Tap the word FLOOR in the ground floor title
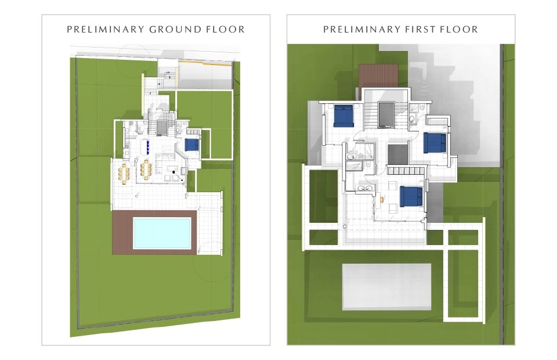[x=226, y=29]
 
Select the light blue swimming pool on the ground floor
[x=162, y=233]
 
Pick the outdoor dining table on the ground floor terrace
[x=124, y=174]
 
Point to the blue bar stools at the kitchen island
[x=148, y=147]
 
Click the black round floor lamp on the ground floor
[x=173, y=172]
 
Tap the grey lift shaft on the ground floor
[x=162, y=128]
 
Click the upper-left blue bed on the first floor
[x=343, y=116]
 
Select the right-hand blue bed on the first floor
[x=435, y=142]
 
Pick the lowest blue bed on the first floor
[x=411, y=196]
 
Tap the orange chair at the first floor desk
[x=382, y=200]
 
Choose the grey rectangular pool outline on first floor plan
[x=387, y=287]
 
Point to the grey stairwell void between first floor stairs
[x=386, y=114]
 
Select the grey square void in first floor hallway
[x=397, y=154]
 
